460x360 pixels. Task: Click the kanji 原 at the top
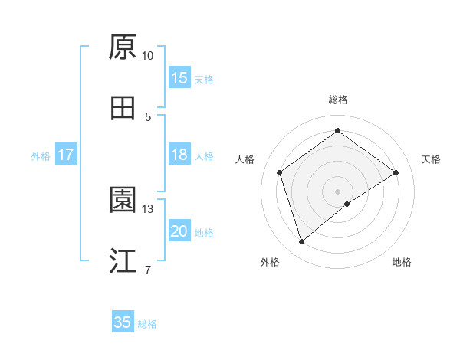[x=122, y=47]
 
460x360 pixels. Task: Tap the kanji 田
[x=122, y=109]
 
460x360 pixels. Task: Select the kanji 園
[x=122, y=200]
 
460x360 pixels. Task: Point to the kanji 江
[x=122, y=261]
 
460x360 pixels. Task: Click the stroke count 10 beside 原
[x=148, y=56]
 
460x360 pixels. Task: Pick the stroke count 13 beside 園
[x=148, y=208]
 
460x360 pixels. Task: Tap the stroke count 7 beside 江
[x=148, y=270]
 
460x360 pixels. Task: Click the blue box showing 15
[x=179, y=77]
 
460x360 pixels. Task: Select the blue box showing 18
[x=179, y=155]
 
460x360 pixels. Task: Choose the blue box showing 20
[x=179, y=231]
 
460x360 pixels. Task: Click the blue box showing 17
[x=66, y=155]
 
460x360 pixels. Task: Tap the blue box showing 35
[x=123, y=322]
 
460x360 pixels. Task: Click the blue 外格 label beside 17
[x=41, y=155]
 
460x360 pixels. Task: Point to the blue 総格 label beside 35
[x=147, y=323]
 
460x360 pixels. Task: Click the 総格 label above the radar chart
[x=337, y=100]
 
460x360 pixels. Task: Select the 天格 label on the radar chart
[x=432, y=159]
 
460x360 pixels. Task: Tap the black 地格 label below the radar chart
[x=402, y=262]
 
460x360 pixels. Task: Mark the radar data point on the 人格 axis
[x=280, y=172]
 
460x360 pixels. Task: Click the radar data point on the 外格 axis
[x=301, y=242]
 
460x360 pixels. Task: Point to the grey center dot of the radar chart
[x=337, y=191]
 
